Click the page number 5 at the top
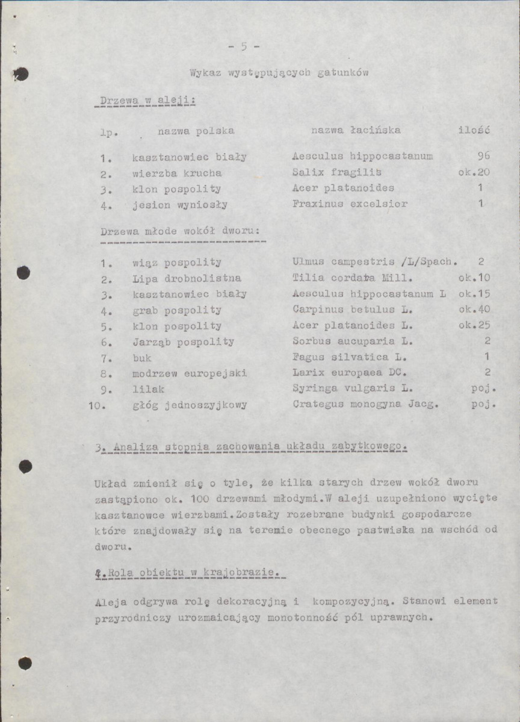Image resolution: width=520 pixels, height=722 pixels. [x=244, y=46]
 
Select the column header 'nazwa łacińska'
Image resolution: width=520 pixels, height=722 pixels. [x=355, y=130]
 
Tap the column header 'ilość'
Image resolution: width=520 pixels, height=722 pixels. [x=474, y=130]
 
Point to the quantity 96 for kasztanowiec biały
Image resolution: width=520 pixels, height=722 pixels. [x=483, y=157]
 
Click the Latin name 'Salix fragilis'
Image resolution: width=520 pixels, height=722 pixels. [x=329, y=172]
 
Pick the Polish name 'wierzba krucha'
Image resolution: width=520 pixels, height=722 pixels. [x=177, y=173]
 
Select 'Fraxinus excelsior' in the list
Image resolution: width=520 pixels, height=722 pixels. [x=350, y=204]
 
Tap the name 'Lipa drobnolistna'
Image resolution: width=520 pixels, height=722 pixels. [x=187, y=278]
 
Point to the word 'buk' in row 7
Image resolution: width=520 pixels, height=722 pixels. [x=142, y=357]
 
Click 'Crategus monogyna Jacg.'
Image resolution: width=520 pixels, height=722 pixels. [x=365, y=405]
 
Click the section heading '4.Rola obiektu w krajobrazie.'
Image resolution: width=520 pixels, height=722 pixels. [x=190, y=572]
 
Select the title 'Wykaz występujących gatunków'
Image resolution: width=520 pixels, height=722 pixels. [x=279, y=73]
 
